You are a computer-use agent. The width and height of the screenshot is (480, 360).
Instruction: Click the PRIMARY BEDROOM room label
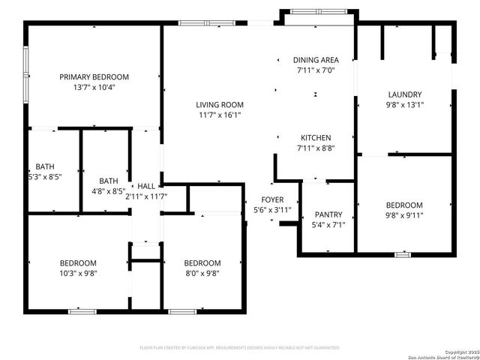pos(94,76)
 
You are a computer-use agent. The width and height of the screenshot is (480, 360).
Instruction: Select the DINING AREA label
pos(315,60)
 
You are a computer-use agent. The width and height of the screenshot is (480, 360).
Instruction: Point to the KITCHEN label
pos(316,138)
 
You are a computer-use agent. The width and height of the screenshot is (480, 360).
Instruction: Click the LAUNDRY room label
pos(404,94)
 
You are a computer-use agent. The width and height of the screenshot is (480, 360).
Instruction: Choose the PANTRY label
pos(328,214)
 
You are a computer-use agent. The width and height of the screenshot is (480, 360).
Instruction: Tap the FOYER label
pos(271,199)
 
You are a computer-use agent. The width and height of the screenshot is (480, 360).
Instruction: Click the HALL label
pos(145,186)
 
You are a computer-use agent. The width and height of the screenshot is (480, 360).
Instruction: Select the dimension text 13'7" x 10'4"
pos(94,87)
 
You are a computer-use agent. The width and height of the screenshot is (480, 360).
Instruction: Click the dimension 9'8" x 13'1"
pos(404,105)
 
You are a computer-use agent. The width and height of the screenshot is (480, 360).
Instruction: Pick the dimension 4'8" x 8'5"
pos(109,191)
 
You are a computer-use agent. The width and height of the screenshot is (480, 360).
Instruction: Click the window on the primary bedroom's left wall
pos(25,75)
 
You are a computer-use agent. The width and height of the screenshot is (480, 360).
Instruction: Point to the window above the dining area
pos(316,11)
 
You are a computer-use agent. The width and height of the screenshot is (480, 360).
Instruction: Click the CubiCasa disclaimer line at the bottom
pos(240,348)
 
